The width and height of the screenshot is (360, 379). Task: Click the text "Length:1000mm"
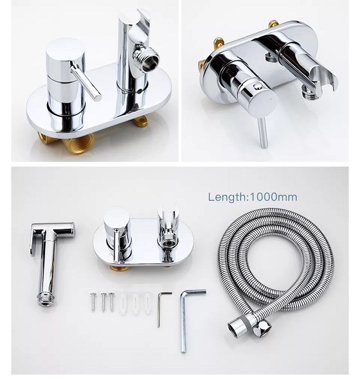tap(253, 197)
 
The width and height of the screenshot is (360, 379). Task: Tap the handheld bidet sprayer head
tap(51, 263)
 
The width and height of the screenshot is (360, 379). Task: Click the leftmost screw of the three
tap(93, 302)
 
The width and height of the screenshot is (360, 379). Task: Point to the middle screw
tap(104, 302)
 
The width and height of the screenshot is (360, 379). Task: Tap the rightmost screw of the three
tap(111, 302)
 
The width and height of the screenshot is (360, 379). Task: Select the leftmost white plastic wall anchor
tap(123, 304)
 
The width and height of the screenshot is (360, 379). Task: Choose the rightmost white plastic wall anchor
tap(147, 303)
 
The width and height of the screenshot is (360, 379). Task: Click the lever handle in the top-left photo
tap(85, 80)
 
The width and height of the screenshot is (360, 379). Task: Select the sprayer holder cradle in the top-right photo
tap(323, 78)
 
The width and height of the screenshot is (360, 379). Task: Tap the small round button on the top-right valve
tap(258, 86)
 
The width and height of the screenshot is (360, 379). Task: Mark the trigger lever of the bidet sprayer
tap(34, 240)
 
